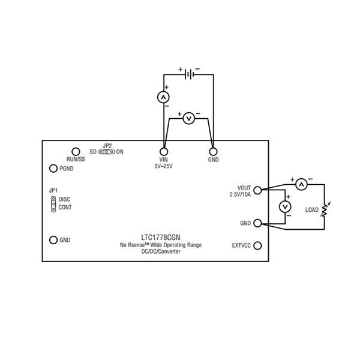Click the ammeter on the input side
163,97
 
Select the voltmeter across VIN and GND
188,119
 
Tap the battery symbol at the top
188,74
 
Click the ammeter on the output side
302,185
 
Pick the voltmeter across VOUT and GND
286,206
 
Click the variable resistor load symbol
325,209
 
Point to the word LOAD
311,210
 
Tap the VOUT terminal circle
258,191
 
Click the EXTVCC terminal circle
258,245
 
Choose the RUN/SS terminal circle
76,151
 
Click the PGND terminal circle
53,169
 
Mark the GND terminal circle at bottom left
53,240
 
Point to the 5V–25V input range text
163,166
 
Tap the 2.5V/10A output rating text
240,194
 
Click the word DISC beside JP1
65,199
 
